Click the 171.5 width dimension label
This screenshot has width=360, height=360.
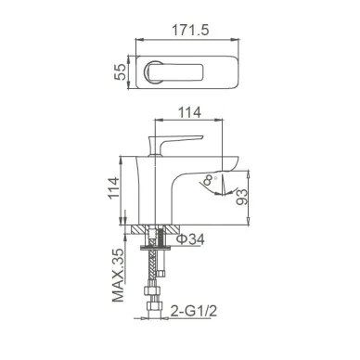pyautogui.click(x=190, y=30)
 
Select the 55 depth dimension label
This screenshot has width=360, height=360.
pyautogui.click(x=121, y=71)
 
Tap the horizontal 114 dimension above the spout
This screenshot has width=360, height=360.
pyautogui.click(x=189, y=112)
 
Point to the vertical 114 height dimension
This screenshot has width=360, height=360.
pyautogui.click(x=113, y=187)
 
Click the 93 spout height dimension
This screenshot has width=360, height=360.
pyautogui.click(x=242, y=197)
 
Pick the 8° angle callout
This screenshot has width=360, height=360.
pyautogui.click(x=210, y=180)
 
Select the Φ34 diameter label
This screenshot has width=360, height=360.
pyautogui.click(x=190, y=239)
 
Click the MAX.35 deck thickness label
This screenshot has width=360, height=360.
pyautogui.click(x=118, y=275)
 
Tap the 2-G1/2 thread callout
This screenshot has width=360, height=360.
pyautogui.click(x=194, y=311)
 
